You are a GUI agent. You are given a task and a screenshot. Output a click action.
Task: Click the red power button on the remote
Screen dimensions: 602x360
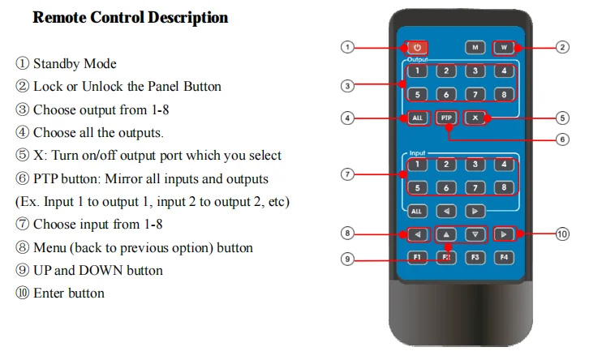(417, 47)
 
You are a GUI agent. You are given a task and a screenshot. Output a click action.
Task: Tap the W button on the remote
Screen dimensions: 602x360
(504, 47)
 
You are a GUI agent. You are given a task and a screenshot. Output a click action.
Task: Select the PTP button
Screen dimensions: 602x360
(446, 118)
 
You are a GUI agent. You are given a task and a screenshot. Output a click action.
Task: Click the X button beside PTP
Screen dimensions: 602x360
(475, 118)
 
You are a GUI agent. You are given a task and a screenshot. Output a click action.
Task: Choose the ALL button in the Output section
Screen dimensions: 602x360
(417, 118)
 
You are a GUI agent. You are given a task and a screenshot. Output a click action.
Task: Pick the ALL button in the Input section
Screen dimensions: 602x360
(417, 211)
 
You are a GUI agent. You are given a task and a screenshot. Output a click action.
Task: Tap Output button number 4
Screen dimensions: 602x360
(504, 71)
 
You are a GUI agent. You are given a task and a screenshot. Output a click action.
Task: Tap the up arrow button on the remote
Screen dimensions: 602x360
(446, 234)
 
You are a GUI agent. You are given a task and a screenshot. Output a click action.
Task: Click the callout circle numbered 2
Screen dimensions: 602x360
(562, 47)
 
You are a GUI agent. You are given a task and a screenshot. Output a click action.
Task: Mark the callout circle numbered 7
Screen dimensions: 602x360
(348, 174)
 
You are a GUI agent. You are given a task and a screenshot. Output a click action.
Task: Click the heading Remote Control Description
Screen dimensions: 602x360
(130, 18)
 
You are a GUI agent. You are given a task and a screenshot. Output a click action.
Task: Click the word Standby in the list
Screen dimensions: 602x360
(55, 63)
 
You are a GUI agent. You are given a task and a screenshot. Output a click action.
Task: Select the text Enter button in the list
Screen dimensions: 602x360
(69, 293)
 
